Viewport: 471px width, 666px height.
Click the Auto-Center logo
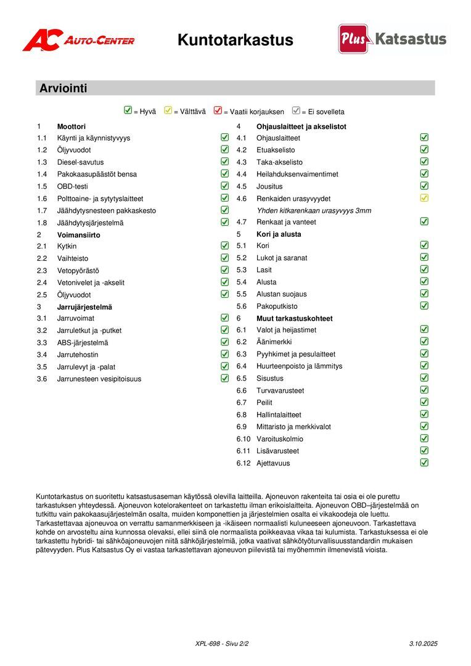click(x=78, y=41)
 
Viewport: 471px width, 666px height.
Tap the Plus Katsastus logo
click(x=392, y=39)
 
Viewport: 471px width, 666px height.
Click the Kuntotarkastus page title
click(x=235, y=40)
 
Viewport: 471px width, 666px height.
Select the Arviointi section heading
click(x=63, y=88)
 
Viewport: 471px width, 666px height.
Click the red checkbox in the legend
click(x=218, y=111)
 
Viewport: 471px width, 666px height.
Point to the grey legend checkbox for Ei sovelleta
click(x=296, y=111)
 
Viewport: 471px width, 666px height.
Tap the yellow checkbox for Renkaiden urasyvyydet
click(x=424, y=198)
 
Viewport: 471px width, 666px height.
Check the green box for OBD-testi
click(x=224, y=186)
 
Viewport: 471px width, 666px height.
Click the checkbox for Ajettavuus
click(x=424, y=462)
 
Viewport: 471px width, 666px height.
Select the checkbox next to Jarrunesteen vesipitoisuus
click(x=224, y=378)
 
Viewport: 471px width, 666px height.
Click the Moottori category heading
click(x=72, y=126)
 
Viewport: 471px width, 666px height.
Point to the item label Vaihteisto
click(x=73, y=258)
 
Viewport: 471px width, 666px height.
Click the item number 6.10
click(x=243, y=439)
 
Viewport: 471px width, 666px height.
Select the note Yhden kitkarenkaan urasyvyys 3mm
click(x=314, y=210)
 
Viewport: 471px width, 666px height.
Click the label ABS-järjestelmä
click(x=83, y=343)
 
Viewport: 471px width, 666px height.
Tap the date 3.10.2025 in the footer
click(x=423, y=644)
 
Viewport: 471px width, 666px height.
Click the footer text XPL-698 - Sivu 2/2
click(x=222, y=644)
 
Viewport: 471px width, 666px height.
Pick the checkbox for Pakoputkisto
click(x=424, y=305)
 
